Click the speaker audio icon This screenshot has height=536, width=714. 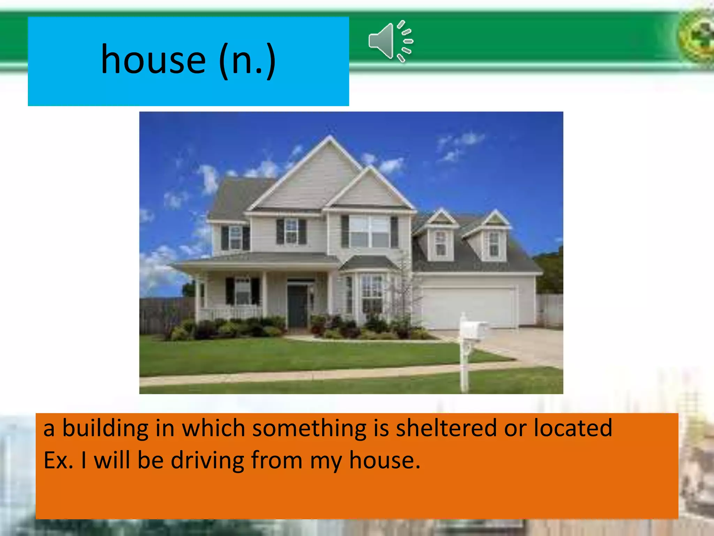(x=390, y=41)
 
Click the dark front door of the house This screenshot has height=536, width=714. (x=297, y=306)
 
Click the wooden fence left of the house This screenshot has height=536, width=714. (x=164, y=314)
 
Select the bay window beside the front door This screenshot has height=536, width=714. (x=371, y=293)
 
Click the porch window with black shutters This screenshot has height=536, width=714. (x=243, y=291)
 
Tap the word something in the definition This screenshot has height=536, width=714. (x=309, y=429)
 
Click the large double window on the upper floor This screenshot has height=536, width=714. (x=369, y=231)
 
